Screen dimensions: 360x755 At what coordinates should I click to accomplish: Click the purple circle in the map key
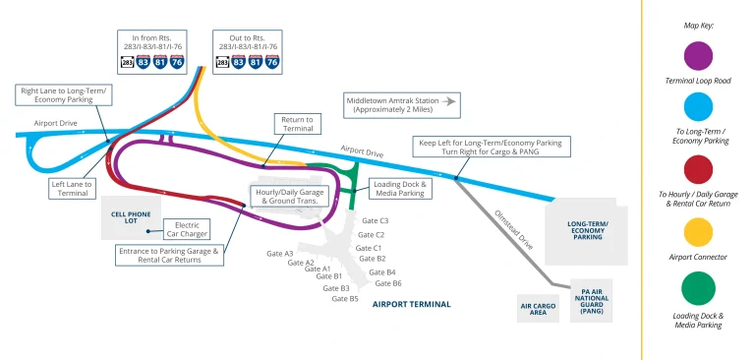(x=698, y=52)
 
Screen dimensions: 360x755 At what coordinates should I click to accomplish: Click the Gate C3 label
(x=375, y=221)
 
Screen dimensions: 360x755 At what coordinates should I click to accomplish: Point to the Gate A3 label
(x=280, y=254)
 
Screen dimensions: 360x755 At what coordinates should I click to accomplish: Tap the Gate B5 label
(x=346, y=298)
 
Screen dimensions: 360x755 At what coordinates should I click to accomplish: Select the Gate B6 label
(x=389, y=283)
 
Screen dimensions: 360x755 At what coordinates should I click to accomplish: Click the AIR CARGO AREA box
(x=539, y=308)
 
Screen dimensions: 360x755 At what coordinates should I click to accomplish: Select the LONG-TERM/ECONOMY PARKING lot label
(x=587, y=230)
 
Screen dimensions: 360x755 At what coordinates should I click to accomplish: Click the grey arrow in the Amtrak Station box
(x=450, y=100)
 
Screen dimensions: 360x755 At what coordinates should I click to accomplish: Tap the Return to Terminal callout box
(x=297, y=124)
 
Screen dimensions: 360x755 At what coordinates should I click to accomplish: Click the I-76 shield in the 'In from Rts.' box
(x=177, y=62)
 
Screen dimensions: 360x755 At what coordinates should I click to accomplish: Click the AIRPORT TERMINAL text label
(x=411, y=305)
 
